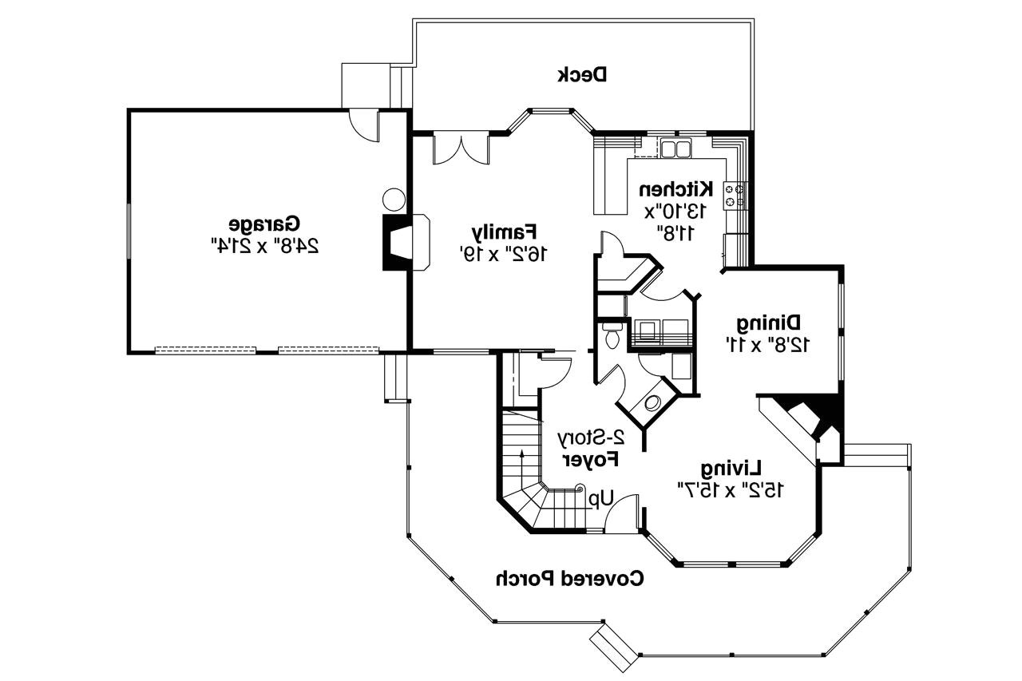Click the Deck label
click(x=582, y=75)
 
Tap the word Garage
click(x=264, y=224)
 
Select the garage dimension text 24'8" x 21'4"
click(x=264, y=246)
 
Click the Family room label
click(x=504, y=232)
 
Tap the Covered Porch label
click(x=570, y=578)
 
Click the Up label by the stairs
click(x=601, y=499)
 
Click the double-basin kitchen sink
click(x=675, y=149)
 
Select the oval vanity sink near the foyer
click(x=652, y=402)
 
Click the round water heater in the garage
click(x=394, y=200)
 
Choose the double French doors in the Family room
click(x=461, y=148)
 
